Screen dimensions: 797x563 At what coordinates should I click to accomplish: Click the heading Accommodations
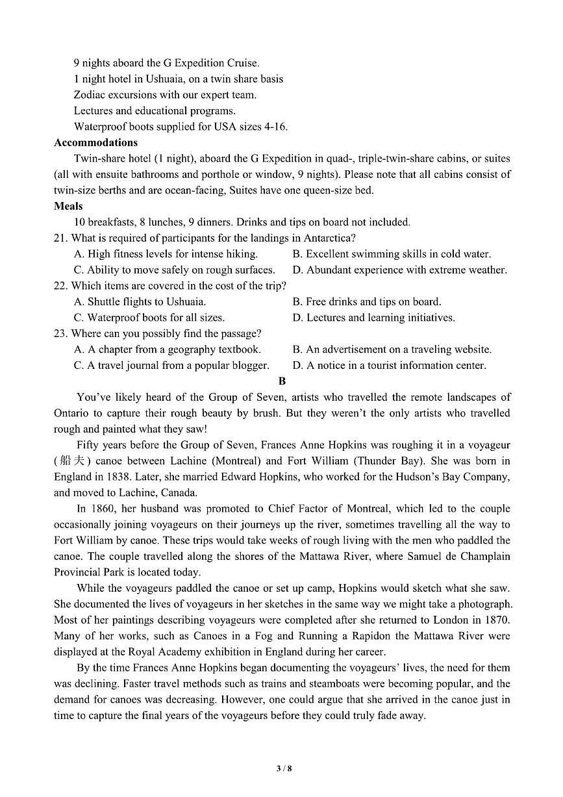pyautogui.click(x=95, y=142)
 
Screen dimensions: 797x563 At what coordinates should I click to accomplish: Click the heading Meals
pyautogui.click(x=68, y=206)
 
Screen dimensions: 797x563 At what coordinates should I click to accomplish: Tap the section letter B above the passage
pyautogui.click(x=282, y=381)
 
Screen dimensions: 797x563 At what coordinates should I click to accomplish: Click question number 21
pyautogui.click(x=60, y=238)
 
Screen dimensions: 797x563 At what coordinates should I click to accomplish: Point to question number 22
pyautogui.click(x=60, y=286)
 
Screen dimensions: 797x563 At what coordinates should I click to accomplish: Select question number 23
pyautogui.click(x=60, y=334)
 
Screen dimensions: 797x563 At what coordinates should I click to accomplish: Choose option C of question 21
pyautogui.click(x=174, y=270)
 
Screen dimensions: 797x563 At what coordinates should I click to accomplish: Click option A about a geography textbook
pyautogui.click(x=168, y=349)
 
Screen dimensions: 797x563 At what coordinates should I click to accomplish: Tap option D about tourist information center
pyautogui.click(x=389, y=366)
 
